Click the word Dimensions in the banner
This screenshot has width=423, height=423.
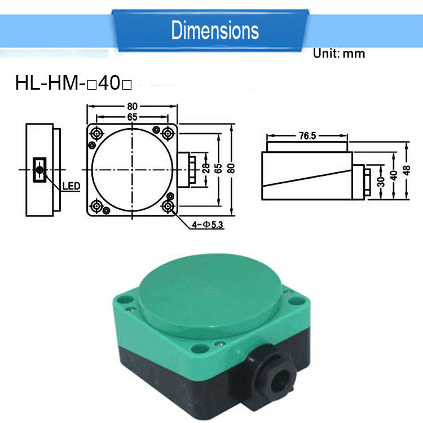[x=215, y=30]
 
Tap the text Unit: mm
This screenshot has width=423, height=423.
[x=339, y=54]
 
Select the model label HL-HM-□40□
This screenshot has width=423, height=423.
[x=73, y=83]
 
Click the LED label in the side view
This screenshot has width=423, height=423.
[x=71, y=186]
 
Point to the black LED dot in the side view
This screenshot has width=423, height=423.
[x=39, y=170]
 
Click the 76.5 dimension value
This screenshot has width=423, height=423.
[x=307, y=136]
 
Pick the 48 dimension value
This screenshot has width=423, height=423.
[x=406, y=170]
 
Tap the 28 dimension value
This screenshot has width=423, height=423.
[x=205, y=168]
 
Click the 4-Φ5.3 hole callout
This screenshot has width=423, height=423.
[x=208, y=224]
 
